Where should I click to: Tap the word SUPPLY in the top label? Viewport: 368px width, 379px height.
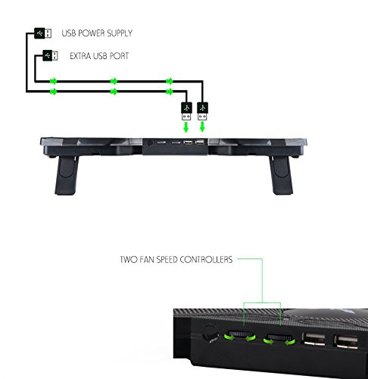point(120,33)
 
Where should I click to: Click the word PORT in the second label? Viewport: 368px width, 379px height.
point(119,56)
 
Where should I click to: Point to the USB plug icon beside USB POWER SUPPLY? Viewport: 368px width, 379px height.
point(43,33)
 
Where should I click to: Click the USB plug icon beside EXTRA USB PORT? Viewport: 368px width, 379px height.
point(50,55)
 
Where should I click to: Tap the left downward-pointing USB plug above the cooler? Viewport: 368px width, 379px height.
point(186,111)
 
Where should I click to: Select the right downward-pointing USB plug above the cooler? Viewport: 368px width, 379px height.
point(202,111)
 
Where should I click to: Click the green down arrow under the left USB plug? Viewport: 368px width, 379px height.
point(186,127)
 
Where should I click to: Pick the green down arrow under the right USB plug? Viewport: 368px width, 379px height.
point(202,127)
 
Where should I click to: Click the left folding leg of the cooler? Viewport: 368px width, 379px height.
point(67,175)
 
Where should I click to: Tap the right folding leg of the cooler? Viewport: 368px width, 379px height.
point(281,175)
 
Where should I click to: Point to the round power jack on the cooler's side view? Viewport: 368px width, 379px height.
point(150,143)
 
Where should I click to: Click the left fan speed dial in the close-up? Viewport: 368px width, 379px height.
point(240,335)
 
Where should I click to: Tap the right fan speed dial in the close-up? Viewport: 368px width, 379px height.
point(279,338)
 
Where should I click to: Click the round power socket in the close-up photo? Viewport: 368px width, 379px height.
point(211,334)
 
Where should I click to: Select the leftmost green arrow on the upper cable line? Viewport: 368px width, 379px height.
point(54,81)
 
